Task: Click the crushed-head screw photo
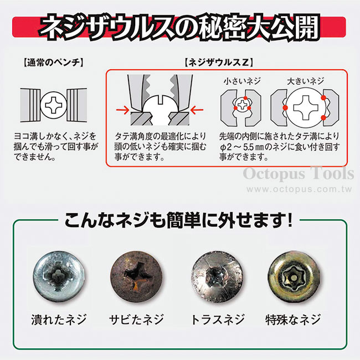(59, 276)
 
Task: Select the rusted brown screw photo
(136, 276)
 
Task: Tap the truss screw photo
(217, 277)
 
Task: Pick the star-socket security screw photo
(294, 277)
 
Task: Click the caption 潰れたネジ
(59, 320)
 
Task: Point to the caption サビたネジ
(136, 320)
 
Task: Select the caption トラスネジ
(218, 320)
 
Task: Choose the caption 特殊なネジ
(293, 320)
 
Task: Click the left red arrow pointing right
(123, 110)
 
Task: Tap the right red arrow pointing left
(197, 110)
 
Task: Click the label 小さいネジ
(242, 81)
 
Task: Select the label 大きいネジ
(305, 81)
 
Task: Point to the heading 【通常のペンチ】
(54, 63)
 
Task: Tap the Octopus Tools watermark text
(299, 174)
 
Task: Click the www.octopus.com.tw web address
(300, 189)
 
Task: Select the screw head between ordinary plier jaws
(54, 105)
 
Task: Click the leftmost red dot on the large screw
(285, 107)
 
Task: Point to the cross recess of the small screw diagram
(242, 105)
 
